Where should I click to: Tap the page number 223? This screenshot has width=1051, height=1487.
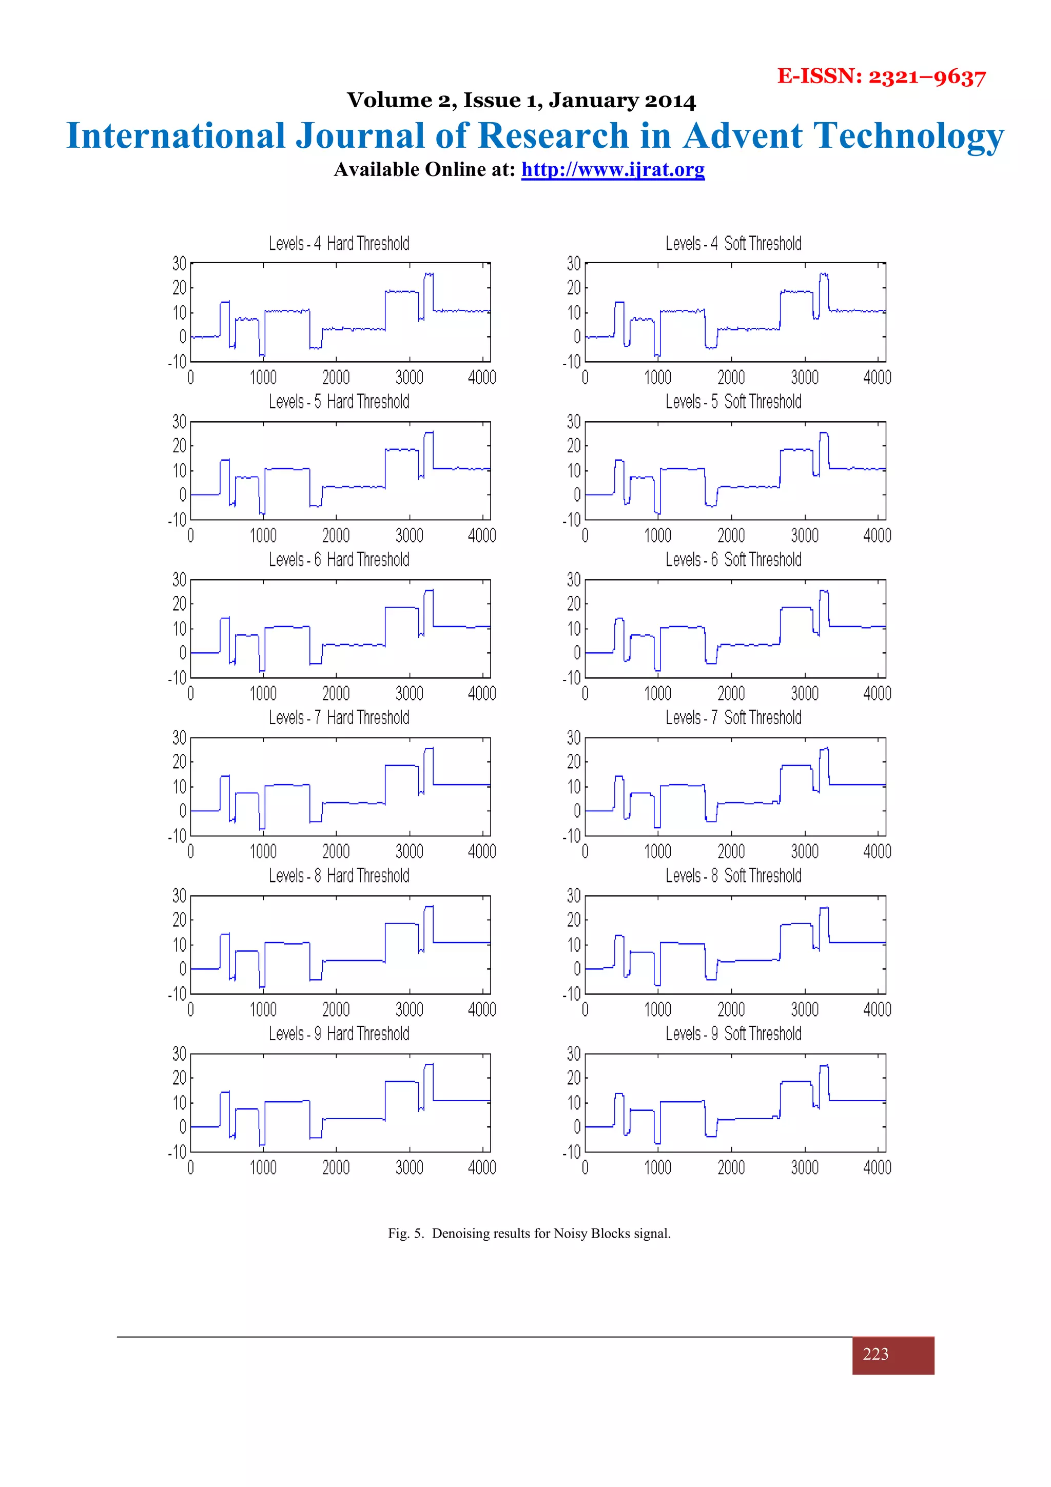tap(875, 1354)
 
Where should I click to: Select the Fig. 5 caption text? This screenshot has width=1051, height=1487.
tap(529, 1233)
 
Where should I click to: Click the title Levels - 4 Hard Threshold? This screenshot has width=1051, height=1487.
tap(339, 244)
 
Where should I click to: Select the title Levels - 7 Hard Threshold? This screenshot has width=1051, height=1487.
tap(339, 718)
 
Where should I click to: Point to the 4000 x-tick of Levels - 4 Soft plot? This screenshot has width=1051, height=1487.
tap(877, 378)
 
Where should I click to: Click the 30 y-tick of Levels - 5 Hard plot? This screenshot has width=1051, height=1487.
tap(179, 422)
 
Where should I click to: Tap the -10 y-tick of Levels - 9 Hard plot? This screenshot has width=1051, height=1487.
tap(177, 1152)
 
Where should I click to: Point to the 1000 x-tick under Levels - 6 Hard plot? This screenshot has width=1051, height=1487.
tap(263, 694)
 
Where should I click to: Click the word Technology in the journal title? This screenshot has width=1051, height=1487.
tap(908, 136)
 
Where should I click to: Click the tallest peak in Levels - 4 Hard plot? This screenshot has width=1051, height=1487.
tap(429, 274)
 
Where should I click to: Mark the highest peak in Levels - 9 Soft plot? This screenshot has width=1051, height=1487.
tap(824, 1066)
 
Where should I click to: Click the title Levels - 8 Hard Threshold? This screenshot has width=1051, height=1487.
tap(339, 875)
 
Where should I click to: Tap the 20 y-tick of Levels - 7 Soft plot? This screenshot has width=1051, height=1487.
tap(573, 762)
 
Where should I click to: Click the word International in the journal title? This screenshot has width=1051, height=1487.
tap(176, 136)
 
